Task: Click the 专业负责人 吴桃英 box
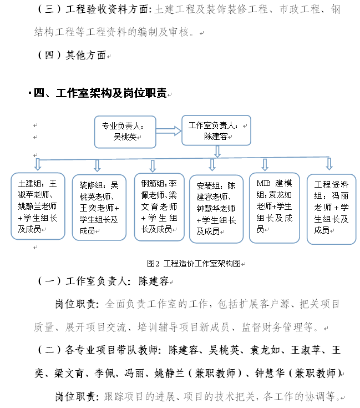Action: tap(125, 132)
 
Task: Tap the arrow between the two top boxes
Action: tap(169, 131)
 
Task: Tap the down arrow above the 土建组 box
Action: tap(38, 165)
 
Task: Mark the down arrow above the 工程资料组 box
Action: tap(329, 164)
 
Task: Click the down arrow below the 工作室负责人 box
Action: tap(217, 151)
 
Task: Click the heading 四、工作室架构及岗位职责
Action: tap(100, 93)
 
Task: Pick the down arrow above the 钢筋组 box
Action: tap(153, 165)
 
